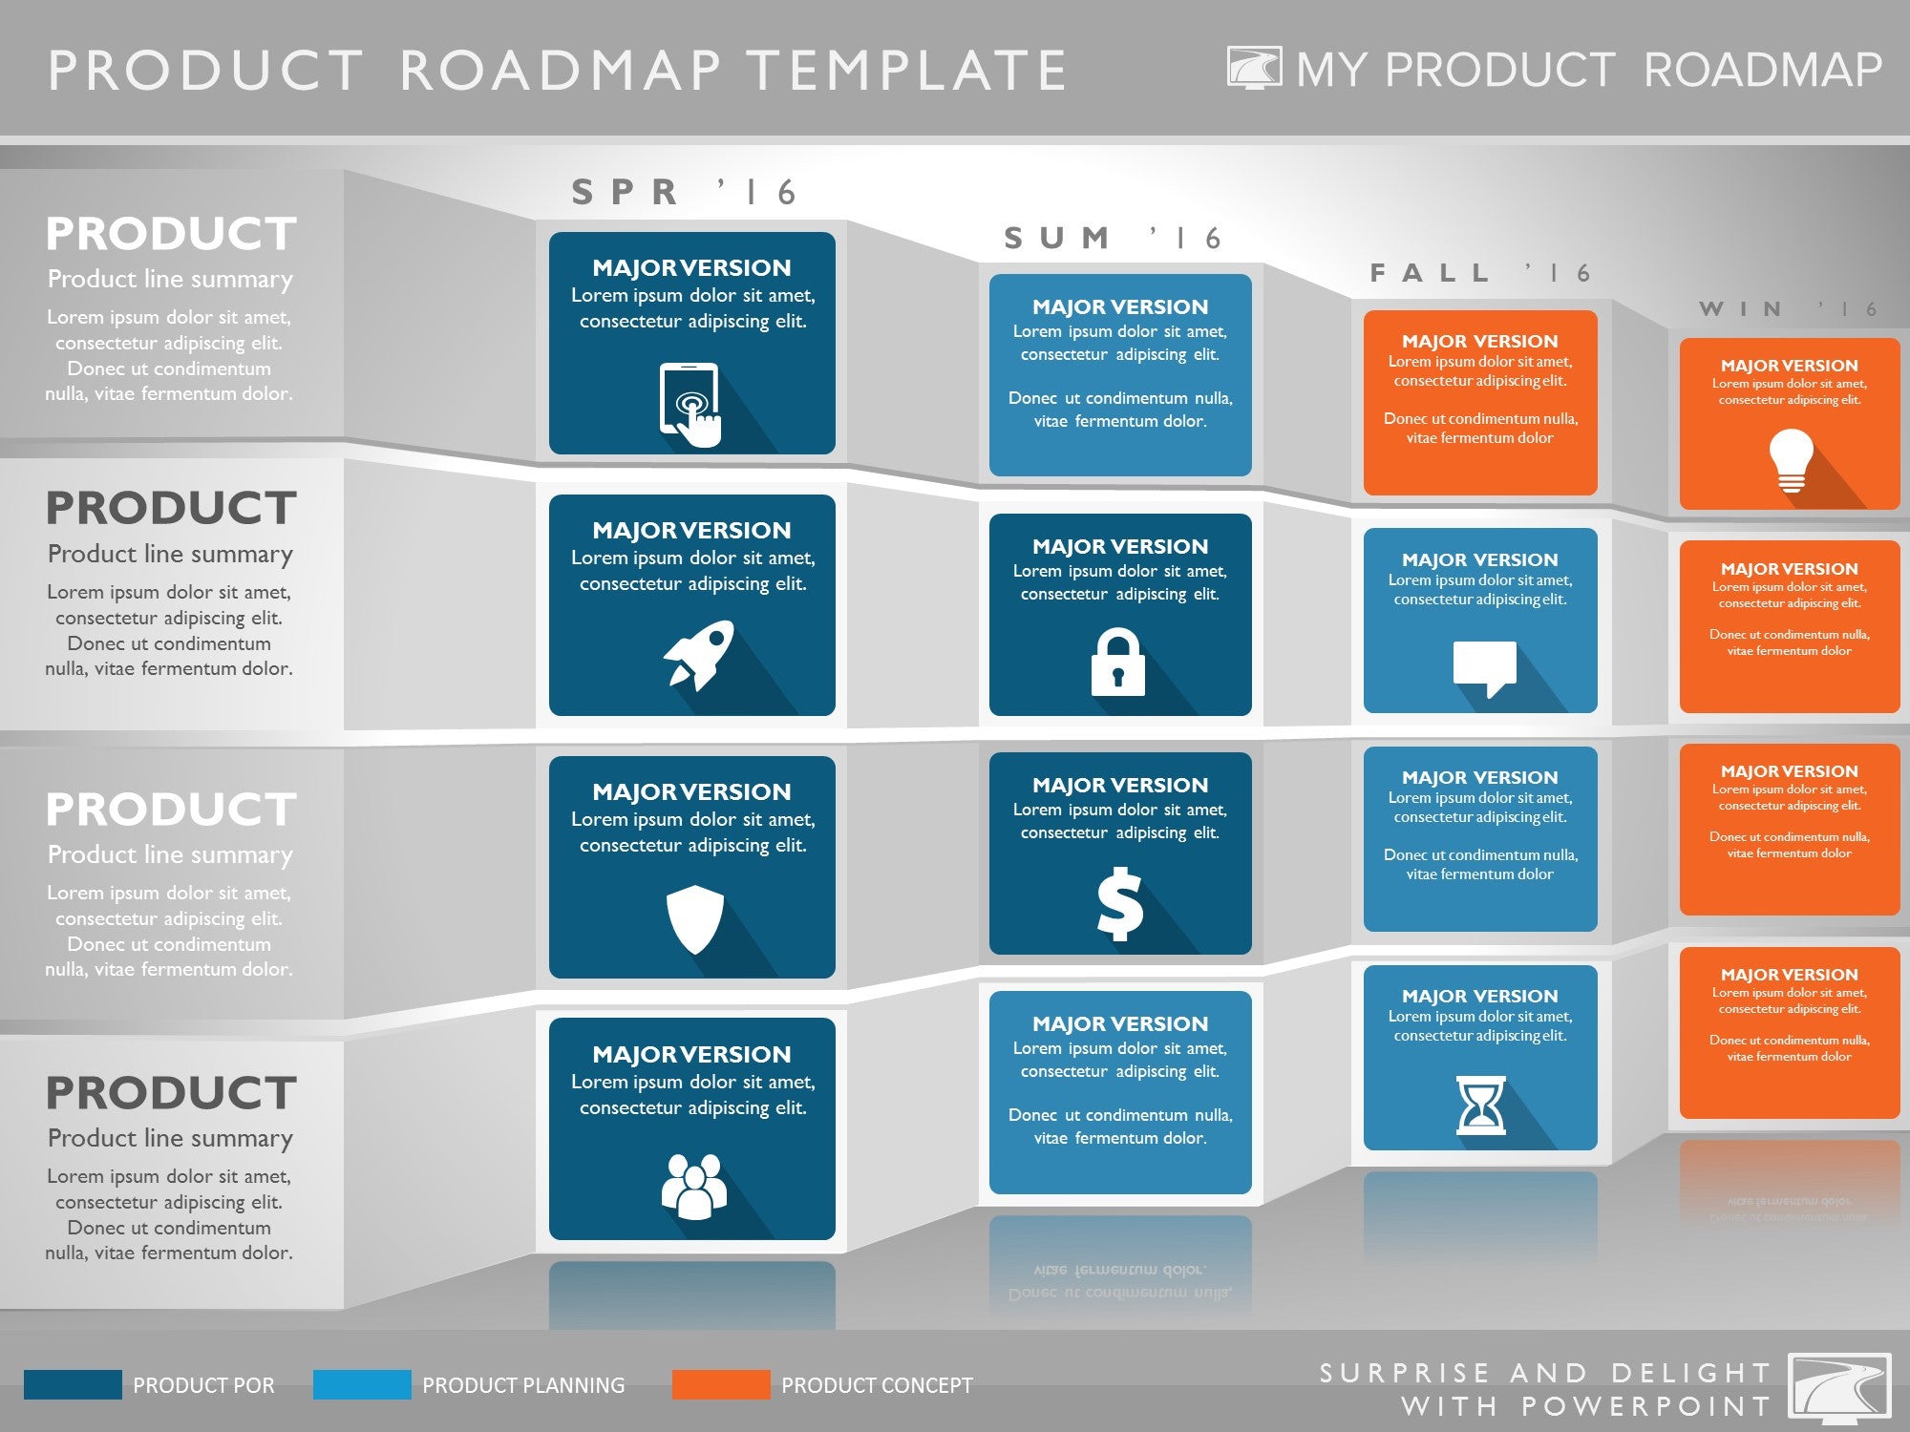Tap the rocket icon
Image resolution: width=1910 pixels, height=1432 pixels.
click(x=699, y=654)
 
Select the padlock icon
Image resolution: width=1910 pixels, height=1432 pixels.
click(x=1117, y=661)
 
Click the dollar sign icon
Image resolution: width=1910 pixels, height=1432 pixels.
click(x=1119, y=903)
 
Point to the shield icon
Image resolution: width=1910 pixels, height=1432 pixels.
click(x=694, y=919)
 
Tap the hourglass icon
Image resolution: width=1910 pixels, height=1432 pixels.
click(x=1480, y=1106)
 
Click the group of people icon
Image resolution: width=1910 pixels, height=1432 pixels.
click(x=693, y=1187)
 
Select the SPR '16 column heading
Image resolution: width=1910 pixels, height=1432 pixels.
click(x=684, y=192)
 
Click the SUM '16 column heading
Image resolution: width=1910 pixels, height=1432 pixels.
click(x=1113, y=238)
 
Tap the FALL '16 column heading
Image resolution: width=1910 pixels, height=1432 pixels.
click(x=1480, y=273)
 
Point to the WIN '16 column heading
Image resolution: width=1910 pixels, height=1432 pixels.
click(x=1789, y=309)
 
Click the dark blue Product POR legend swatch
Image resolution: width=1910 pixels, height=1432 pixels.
click(x=73, y=1384)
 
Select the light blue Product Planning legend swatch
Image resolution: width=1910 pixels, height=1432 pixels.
click(x=362, y=1384)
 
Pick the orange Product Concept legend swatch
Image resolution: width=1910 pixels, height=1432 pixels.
click(x=721, y=1384)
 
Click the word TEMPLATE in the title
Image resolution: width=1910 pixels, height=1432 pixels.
click(x=906, y=71)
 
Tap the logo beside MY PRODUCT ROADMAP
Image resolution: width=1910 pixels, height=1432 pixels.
click(x=1255, y=68)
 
